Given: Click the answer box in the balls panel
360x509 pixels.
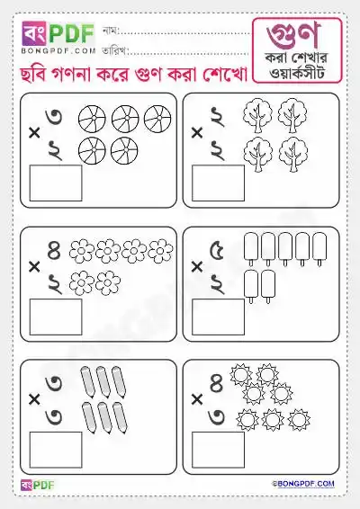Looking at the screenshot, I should (x=56, y=183).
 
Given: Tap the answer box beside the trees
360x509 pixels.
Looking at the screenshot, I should (x=218, y=183).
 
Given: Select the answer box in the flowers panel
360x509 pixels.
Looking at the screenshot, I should (x=56, y=317).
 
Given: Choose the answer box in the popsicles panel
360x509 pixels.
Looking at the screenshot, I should (x=218, y=317).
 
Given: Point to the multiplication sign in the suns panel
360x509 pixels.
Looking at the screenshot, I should (x=196, y=398).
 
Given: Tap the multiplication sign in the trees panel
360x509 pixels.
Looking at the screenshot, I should (x=196, y=132).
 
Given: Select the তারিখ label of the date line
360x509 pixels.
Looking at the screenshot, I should (x=115, y=51).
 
